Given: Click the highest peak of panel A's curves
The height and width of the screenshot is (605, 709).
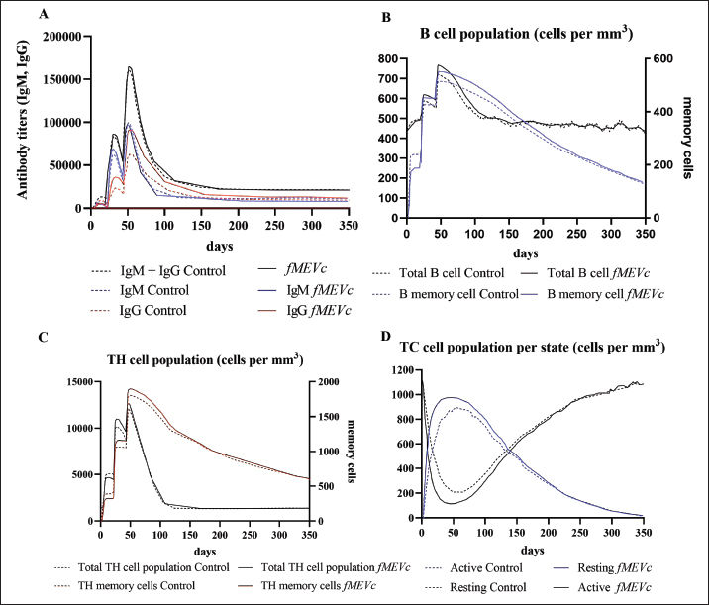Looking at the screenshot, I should point(130,67).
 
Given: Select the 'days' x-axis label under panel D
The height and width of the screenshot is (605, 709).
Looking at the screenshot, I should point(532,548).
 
